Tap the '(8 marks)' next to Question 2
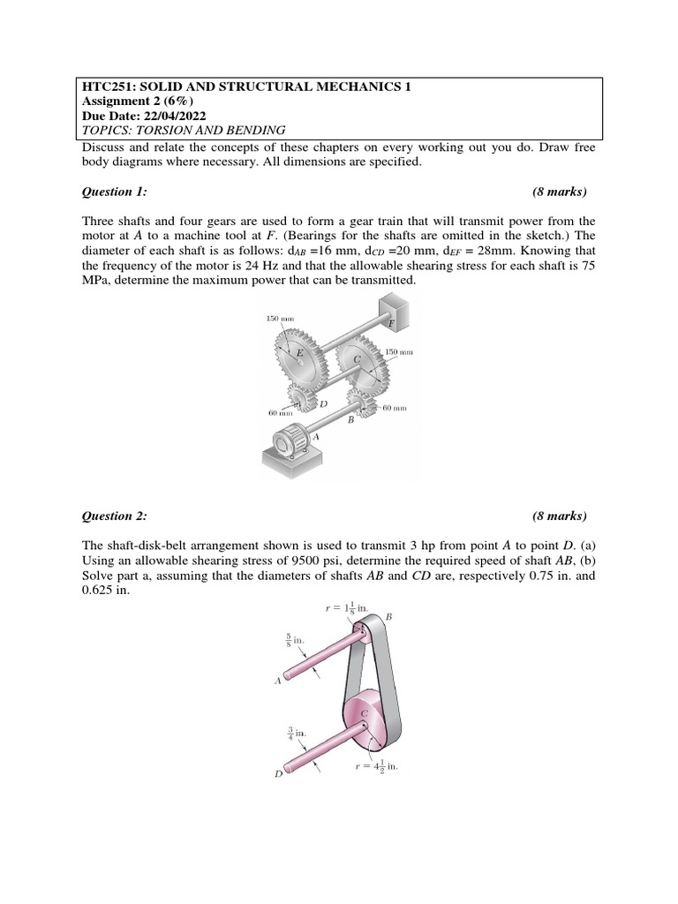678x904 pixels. [x=559, y=516]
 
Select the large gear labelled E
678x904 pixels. [x=301, y=352]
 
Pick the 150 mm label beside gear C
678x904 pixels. [x=399, y=351]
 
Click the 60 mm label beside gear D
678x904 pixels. [x=281, y=412]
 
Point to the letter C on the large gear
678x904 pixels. [x=358, y=359]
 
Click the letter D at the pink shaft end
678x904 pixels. [x=278, y=774]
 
